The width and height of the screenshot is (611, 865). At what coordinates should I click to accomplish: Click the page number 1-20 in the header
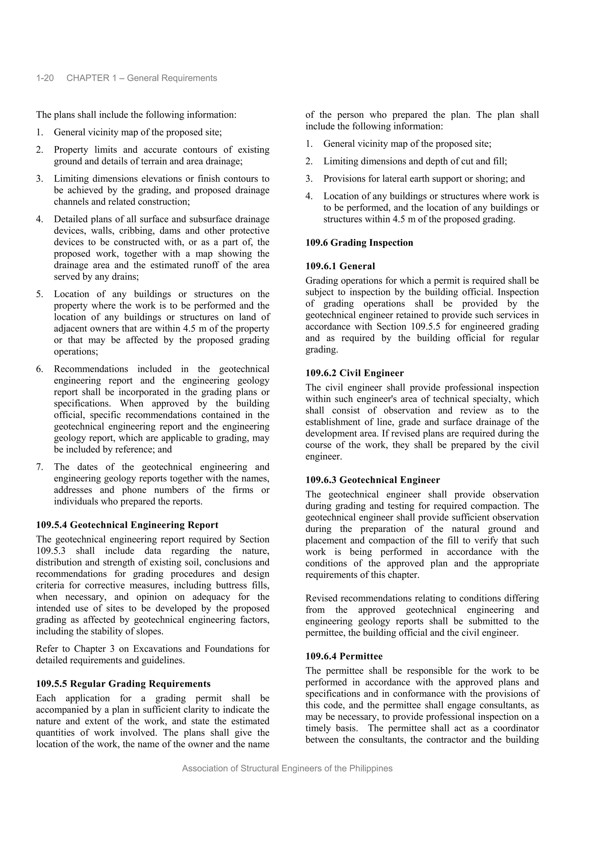click(x=45, y=78)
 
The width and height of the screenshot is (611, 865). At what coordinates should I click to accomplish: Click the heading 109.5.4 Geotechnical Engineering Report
click(x=127, y=525)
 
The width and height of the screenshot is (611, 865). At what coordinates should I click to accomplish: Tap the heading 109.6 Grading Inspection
click(x=359, y=243)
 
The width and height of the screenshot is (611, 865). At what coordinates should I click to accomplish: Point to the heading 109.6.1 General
click(x=340, y=266)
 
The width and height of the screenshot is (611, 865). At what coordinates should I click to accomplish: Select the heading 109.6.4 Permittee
click(x=344, y=656)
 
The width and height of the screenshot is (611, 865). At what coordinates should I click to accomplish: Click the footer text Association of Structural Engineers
click(x=287, y=769)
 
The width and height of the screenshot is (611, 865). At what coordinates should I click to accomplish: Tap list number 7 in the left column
click(x=39, y=467)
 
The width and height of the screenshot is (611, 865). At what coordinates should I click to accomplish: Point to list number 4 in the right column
click(x=309, y=196)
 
